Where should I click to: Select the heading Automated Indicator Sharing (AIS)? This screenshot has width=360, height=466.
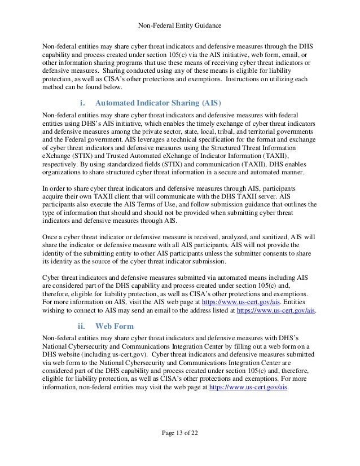click(x=159, y=103)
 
